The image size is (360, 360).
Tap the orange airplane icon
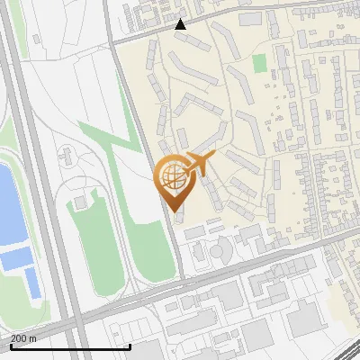click(198, 164)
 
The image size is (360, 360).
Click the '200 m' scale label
click(23, 337)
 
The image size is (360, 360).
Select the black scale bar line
click(70, 346)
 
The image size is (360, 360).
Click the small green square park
click(260, 64)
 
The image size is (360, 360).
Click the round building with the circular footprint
click(222, 247)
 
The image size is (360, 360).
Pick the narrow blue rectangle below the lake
click(32, 283)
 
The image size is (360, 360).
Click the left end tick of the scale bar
click(11, 345)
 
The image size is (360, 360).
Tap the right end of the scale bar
click(130, 345)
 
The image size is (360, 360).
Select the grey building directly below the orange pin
click(179, 216)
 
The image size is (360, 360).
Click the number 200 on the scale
click(19, 337)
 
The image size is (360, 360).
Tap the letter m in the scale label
click(33, 337)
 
